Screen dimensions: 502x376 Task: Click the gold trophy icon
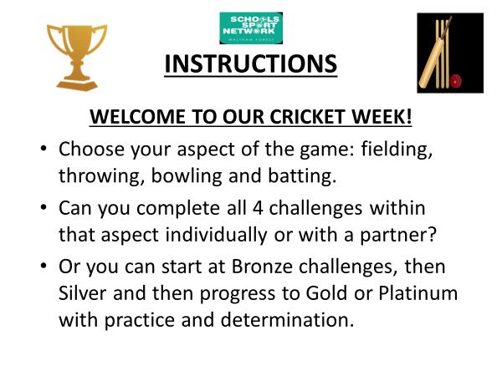tap(77, 58)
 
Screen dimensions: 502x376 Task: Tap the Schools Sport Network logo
tap(251, 28)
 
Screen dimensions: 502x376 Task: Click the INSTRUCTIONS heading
tap(251, 64)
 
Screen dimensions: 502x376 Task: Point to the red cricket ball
tap(456, 81)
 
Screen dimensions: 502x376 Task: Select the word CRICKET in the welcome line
tap(307, 116)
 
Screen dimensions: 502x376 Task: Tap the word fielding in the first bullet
tap(397, 150)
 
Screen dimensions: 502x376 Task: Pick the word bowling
tap(187, 176)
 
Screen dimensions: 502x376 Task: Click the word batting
tap(302, 175)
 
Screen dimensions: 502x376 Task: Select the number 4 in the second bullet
tap(258, 208)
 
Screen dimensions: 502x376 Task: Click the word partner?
tap(398, 236)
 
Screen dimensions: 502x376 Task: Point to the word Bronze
tap(262, 267)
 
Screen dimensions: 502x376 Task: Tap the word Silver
tap(82, 293)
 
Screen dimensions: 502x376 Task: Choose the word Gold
tap(326, 293)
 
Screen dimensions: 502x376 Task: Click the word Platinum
tap(418, 293)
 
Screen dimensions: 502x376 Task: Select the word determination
tap(287, 320)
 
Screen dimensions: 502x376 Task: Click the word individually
tap(216, 236)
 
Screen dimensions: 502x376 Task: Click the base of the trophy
tap(77, 84)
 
